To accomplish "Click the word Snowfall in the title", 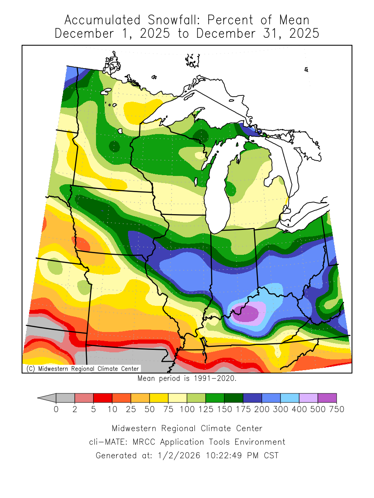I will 172,20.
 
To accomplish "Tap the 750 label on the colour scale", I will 337,410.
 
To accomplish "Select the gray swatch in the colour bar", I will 65,398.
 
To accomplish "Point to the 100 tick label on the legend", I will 187,410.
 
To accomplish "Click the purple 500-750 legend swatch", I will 327,398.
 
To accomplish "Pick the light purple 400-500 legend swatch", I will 308,398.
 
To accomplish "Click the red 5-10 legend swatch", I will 103,398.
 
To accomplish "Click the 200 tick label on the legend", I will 243,410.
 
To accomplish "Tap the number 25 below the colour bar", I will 131,410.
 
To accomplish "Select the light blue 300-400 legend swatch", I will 290,398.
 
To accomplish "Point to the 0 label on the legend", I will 56,410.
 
